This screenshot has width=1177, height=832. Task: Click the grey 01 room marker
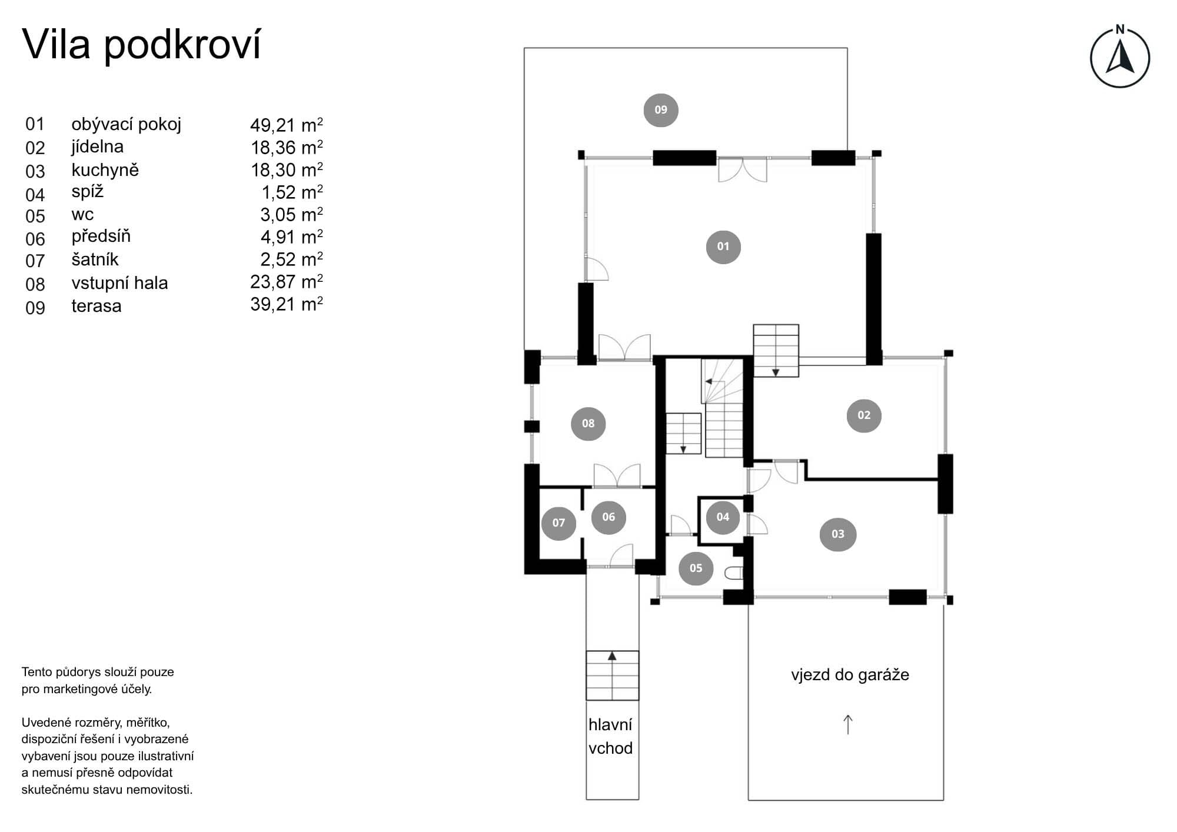click(x=723, y=247)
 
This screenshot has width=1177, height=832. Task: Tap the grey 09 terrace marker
click(x=661, y=110)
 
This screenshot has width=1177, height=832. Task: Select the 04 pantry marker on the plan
click(x=723, y=517)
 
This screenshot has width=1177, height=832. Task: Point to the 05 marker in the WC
click(x=696, y=568)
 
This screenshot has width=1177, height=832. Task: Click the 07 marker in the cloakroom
click(x=558, y=523)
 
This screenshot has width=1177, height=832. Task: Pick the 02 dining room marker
click(x=864, y=415)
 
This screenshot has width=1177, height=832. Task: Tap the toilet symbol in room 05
click(x=734, y=573)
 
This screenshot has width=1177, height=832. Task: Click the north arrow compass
click(x=1120, y=58)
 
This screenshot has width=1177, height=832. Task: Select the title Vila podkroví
click(x=141, y=44)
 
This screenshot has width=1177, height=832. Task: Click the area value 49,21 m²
click(x=287, y=125)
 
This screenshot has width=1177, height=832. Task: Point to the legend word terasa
click(x=97, y=306)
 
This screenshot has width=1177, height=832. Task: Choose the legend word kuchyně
click(x=105, y=170)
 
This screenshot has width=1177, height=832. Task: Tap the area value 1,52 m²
click(x=292, y=192)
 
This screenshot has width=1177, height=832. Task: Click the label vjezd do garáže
click(x=850, y=674)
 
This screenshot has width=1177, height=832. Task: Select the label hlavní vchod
click(x=611, y=736)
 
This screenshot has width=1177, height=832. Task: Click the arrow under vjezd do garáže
click(x=848, y=724)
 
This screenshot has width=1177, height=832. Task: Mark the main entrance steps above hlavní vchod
click(x=612, y=675)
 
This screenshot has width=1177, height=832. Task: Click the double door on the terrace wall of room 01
click(x=743, y=169)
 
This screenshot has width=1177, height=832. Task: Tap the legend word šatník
click(x=95, y=259)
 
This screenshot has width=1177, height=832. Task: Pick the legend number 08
click(x=35, y=285)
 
